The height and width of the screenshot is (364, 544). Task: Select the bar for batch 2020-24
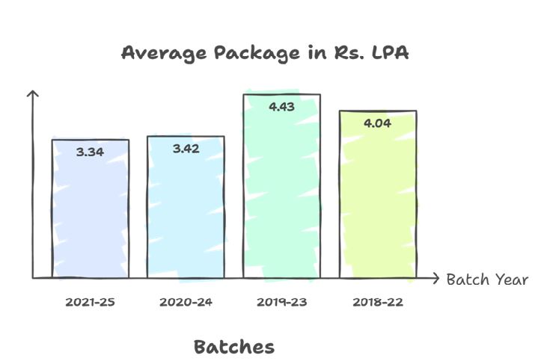coord(186,213)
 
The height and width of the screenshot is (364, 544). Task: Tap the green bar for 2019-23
coord(281,194)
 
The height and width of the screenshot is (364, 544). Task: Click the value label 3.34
coord(90,152)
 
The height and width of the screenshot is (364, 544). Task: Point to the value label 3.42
coord(186,149)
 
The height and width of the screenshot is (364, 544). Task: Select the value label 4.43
coord(281,107)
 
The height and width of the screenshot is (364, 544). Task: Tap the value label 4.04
coord(377,122)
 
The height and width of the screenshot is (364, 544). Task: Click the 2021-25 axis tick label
coord(90,303)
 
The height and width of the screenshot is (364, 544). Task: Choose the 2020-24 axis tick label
coord(185,303)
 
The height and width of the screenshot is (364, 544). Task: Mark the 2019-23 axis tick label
coord(281,303)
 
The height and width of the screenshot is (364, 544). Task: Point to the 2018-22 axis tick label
coord(377,303)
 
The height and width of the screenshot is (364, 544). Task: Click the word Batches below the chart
coord(234,347)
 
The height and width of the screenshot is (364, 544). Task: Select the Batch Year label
coord(487,280)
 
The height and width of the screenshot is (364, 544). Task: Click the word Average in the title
coord(160,54)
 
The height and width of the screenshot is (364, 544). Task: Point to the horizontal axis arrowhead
coord(436,279)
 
